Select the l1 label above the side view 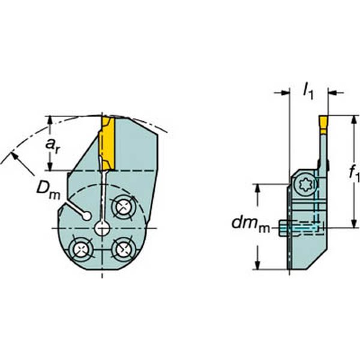308,91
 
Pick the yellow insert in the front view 107,143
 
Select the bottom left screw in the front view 80,248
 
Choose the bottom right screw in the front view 123,248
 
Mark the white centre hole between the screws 102,228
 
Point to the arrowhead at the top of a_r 50,119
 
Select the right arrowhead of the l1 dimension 332,93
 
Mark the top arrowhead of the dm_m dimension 259,188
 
